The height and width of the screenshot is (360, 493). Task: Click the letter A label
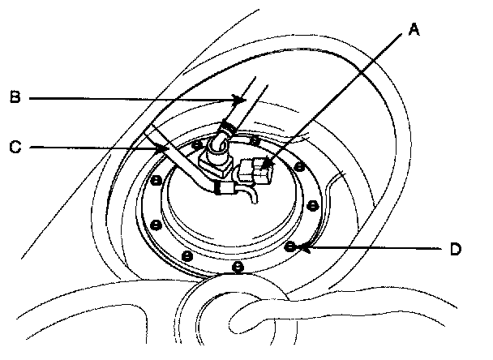point(414,31)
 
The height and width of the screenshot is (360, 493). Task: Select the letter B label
point(15,98)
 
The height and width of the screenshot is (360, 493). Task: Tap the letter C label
point(15,148)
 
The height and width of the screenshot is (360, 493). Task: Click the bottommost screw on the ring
point(237,266)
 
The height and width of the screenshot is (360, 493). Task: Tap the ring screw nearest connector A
point(299,167)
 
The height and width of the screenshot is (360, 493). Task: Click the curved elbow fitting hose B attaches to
point(217,147)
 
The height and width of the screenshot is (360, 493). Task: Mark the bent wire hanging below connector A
point(254,195)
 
